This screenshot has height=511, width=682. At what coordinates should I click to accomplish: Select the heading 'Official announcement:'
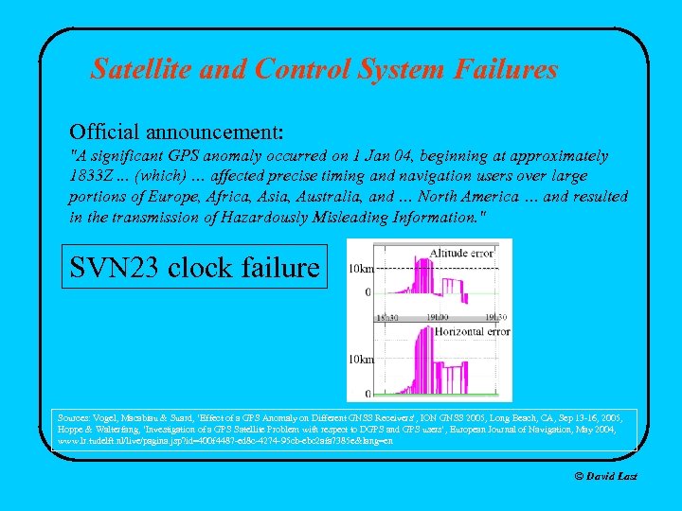(x=176, y=128)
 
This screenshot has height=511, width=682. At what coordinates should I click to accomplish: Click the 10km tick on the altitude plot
(x=360, y=269)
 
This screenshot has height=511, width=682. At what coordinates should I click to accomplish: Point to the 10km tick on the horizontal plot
(x=360, y=360)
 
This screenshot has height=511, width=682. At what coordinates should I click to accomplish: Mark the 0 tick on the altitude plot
(x=368, y=292)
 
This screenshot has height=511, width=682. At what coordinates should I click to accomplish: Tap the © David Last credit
(x=606, y=476)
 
